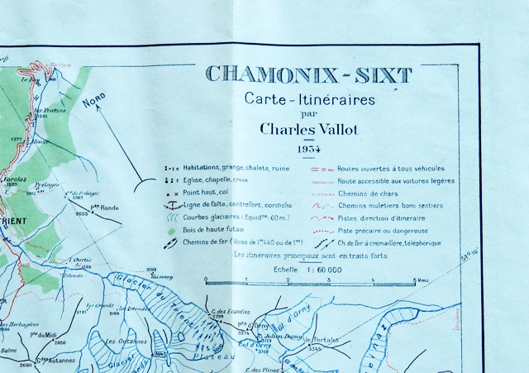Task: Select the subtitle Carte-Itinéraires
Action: click(309, 100)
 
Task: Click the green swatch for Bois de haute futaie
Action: click(171, 230)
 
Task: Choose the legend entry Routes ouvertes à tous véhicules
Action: click(402, 168)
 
